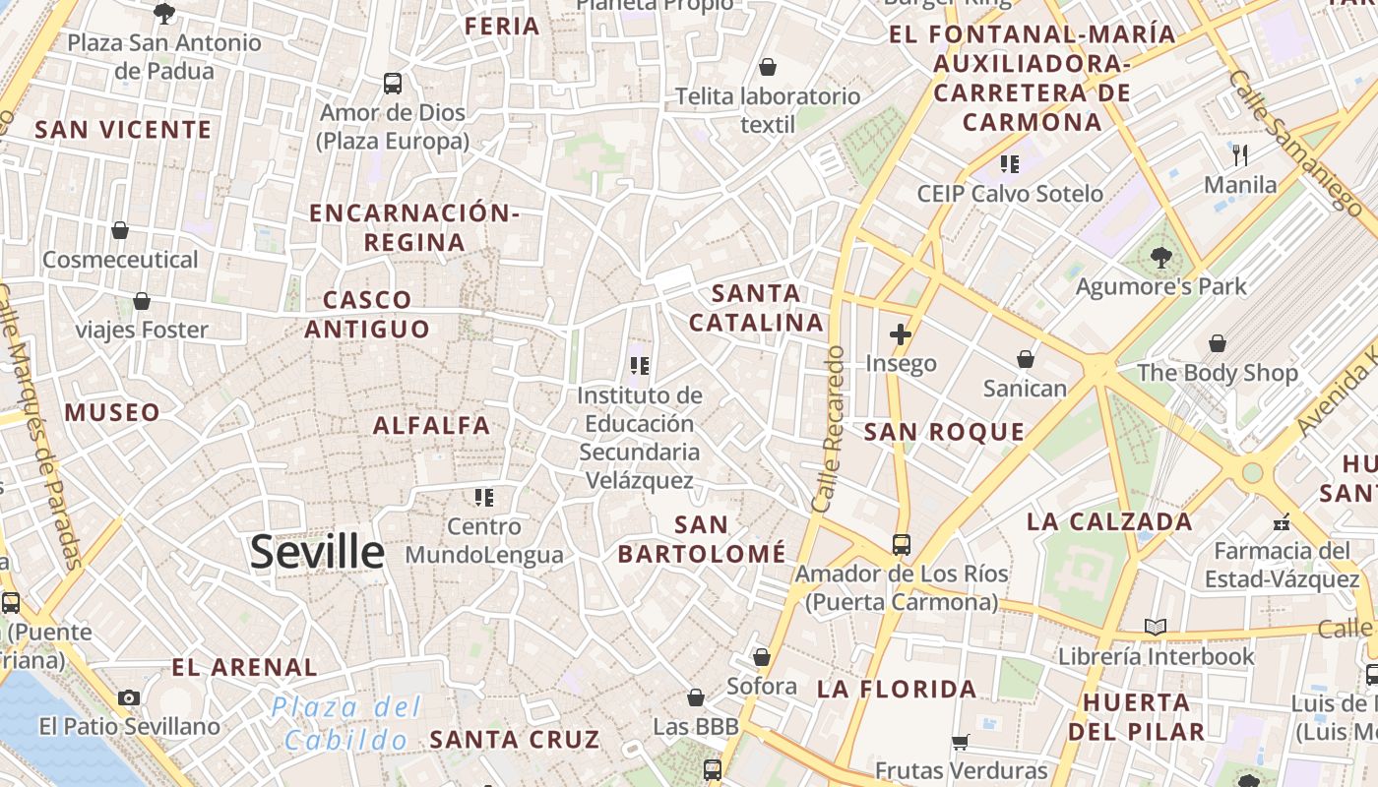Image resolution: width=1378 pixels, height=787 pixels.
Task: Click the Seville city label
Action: point(316,552)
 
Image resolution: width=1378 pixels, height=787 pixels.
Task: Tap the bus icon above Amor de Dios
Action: point(393,84)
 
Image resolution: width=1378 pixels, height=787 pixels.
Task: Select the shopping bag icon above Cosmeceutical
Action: point(120,231)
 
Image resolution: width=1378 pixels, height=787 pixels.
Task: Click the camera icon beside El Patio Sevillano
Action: point(129,698)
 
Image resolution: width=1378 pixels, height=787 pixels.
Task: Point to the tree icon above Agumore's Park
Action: point(1161,258)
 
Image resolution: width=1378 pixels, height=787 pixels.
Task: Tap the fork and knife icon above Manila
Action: point(1240,155)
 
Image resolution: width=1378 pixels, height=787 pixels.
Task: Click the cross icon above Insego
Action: point(900,334)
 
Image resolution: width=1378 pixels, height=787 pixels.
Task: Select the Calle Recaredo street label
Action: point(830,429)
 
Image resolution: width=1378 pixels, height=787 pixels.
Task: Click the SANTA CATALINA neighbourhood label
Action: point(756,308)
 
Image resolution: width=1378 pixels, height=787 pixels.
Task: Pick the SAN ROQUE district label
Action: point(944,432)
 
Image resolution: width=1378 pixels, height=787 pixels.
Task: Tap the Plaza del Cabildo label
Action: point(345,723)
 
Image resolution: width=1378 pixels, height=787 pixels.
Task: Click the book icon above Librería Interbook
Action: point(1156,628)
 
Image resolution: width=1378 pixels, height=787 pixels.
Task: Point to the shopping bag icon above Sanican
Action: point(1026,360)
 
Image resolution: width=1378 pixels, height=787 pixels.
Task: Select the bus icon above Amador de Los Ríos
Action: point(901,544)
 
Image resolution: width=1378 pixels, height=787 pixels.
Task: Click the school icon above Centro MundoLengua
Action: point(483,498)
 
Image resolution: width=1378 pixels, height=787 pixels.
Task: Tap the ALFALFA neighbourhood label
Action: point(431,426)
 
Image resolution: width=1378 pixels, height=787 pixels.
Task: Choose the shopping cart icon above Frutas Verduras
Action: point(961,743)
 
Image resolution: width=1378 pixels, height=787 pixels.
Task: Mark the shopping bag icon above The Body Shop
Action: point(1218,344)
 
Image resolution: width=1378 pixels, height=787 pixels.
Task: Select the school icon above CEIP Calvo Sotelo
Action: point(1009,164)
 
